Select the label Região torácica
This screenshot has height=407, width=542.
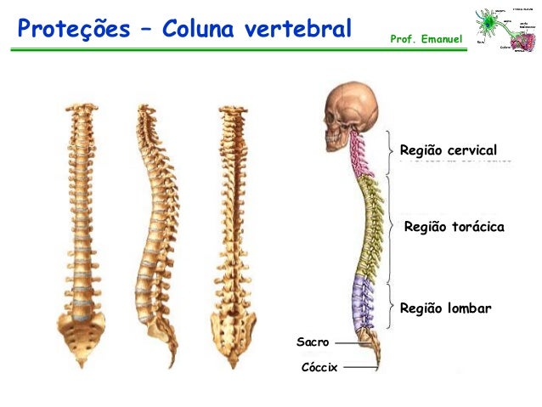[454, 228]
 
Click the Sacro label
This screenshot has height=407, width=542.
[312, 342]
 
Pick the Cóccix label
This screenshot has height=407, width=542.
[319, 367]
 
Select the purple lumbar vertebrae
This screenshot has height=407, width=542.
[362, 302]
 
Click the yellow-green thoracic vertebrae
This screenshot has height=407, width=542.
[370, 226]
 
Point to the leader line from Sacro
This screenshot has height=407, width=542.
[348, 342]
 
